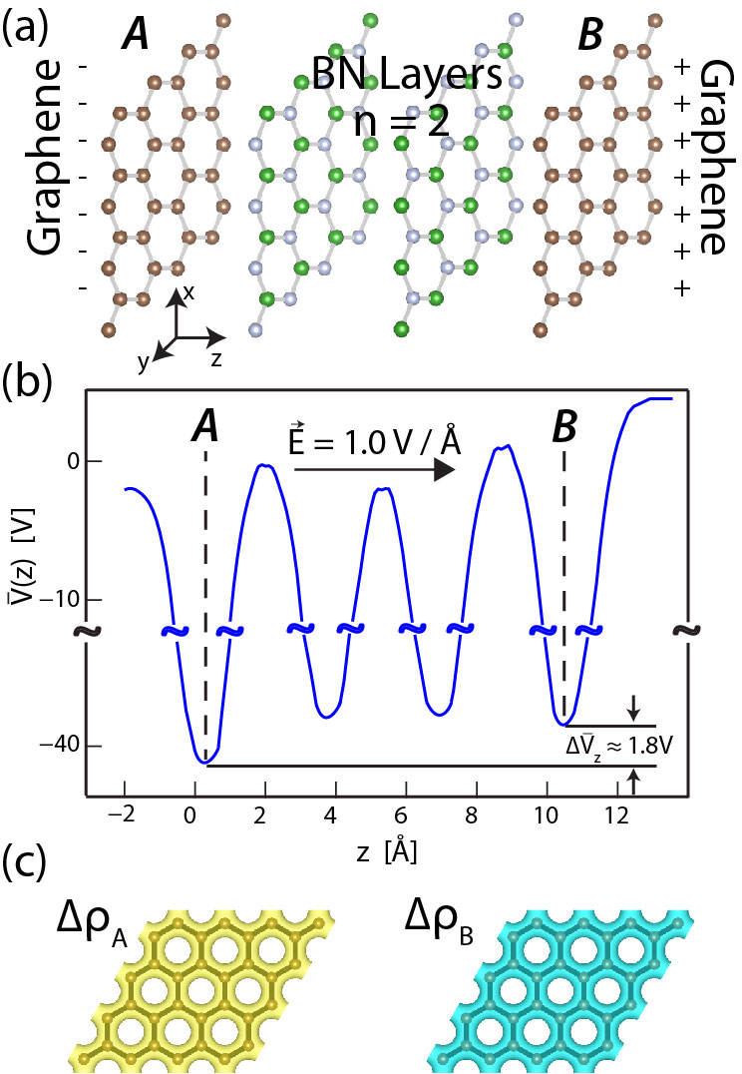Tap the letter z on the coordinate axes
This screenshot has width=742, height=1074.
click(x=214, y=355)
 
